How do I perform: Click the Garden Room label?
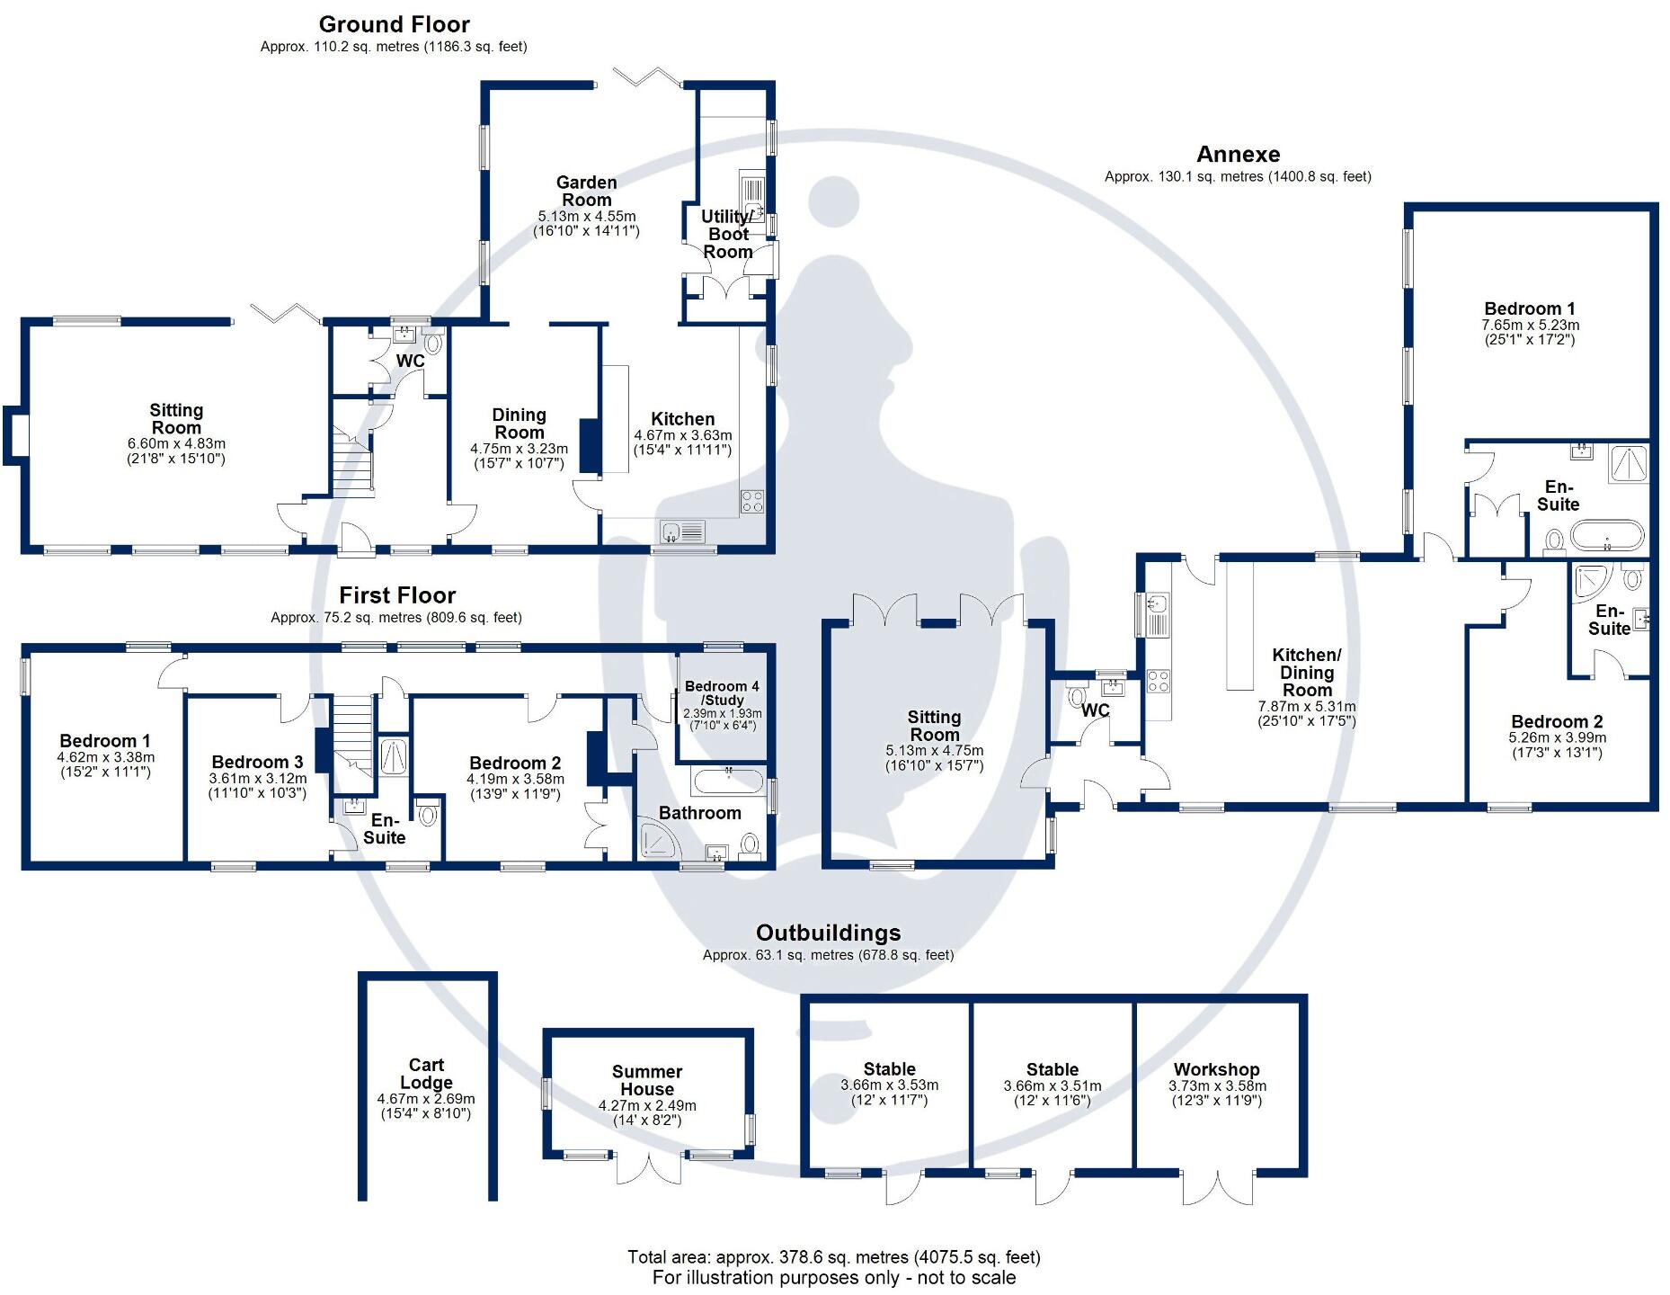(x=586, y=192)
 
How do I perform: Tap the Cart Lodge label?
(x=426, y=1074)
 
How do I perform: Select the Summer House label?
(x=647, y=1080)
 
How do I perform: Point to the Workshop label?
(x=1216, y=1069)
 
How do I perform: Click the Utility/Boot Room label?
(x=728, y=234)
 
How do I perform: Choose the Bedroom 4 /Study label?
(x=722, y=692)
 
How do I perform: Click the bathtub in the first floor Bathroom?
(x=728, y=779)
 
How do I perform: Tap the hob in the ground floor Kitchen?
(x=752, y=501)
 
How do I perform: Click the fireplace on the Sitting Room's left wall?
(x=15, y=436)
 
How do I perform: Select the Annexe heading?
(x=1238, y=155)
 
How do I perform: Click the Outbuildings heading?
(x=828, y=933)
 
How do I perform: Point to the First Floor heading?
(x=397, y=595)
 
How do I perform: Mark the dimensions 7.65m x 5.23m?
(x=1530, y=325)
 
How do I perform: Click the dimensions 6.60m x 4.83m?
(x=176, y=443)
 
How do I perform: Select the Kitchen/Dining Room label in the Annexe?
(x=1307, y=673)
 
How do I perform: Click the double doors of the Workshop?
(x=1218, y=1186)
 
